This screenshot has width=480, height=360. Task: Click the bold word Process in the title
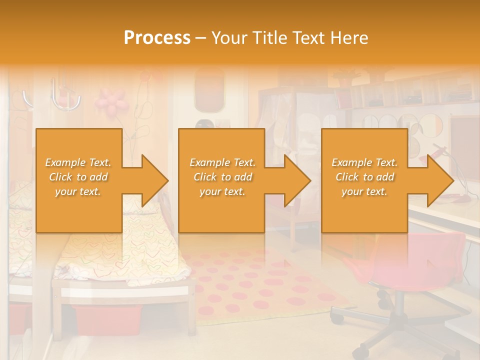[157, 38]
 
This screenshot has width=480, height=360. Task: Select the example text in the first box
[78, 177]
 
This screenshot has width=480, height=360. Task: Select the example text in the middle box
[222, 177]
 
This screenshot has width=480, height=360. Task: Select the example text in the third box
[364, 177]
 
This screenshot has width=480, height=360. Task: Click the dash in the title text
[200, 38]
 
